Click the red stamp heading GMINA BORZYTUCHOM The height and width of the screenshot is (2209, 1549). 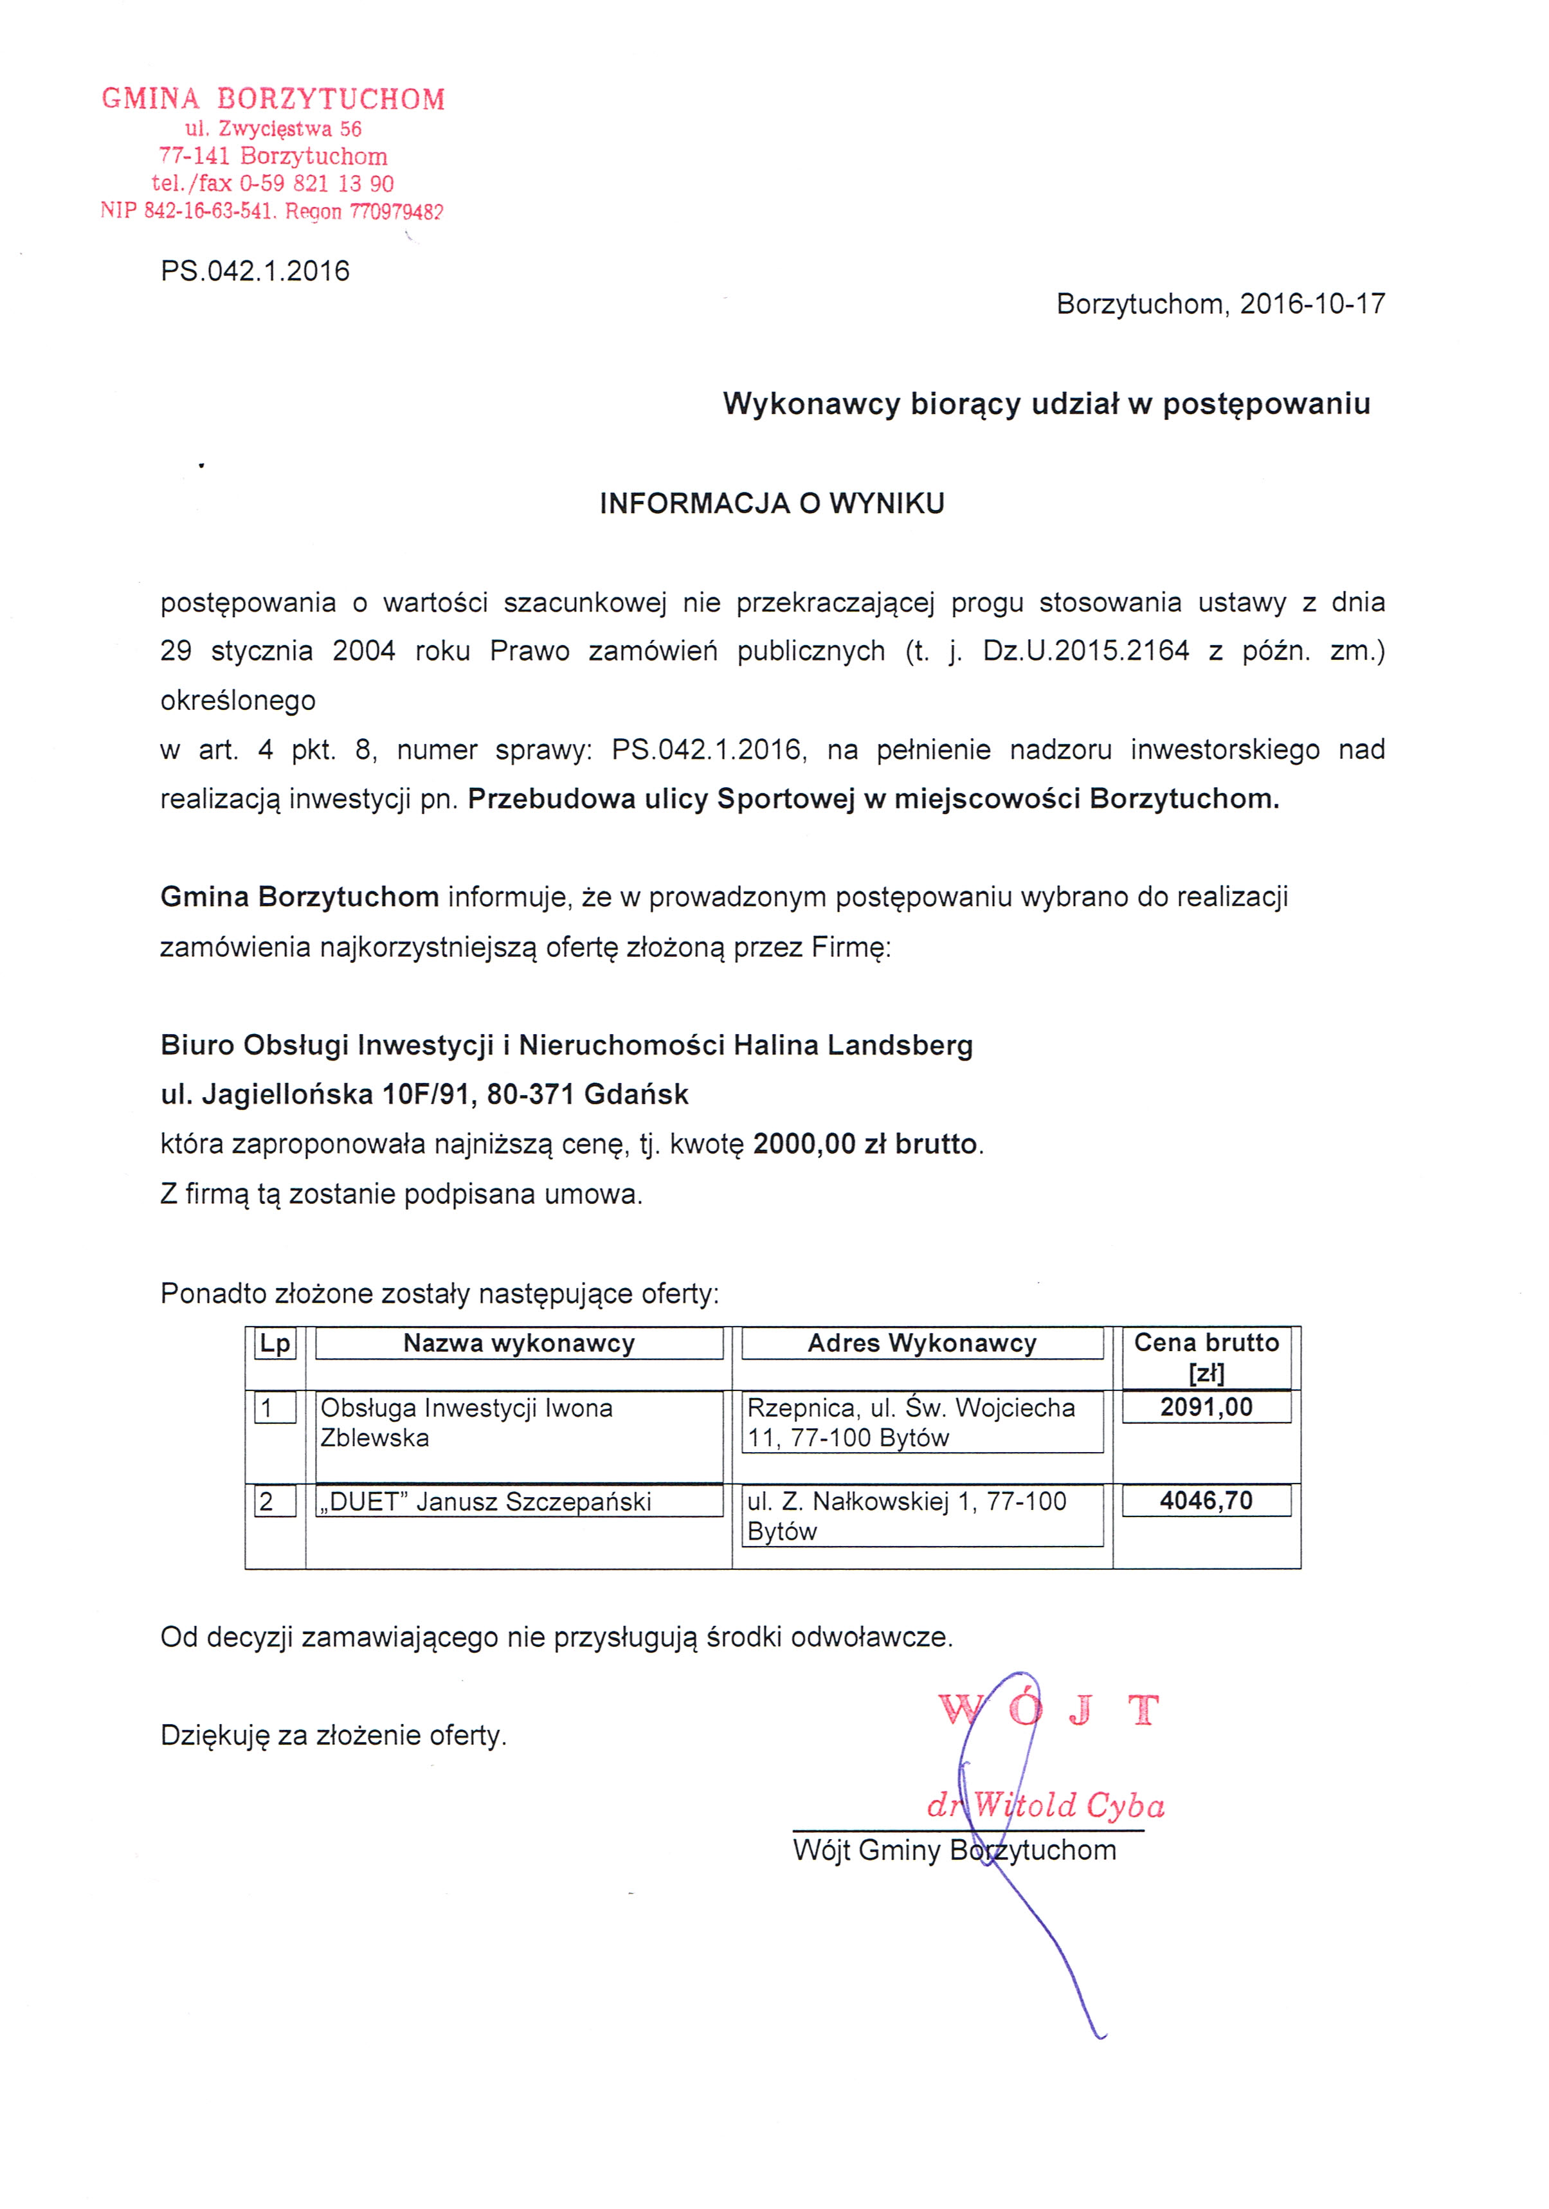tap(273, 99)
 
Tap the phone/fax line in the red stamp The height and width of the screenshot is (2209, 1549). tap(272, 184)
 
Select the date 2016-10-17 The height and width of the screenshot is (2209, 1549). tap(1312, 304)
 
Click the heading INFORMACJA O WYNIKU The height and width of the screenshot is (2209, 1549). tap(772, 503)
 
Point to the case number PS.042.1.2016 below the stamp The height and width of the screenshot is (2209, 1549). tap(255, 271)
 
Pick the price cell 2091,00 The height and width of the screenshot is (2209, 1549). tap(1206, 1408)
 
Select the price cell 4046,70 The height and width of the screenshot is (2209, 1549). tap(1206, 1501)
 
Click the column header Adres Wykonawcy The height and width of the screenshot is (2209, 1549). tap(921, 1343)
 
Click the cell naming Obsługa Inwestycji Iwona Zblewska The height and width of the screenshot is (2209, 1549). tap(467, 1423)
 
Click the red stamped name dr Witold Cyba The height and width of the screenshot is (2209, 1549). tap(1046, 1805)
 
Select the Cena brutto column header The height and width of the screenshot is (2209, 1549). tap(1206, 1356)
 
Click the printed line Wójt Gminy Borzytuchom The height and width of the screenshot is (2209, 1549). tap(954, 1850)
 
